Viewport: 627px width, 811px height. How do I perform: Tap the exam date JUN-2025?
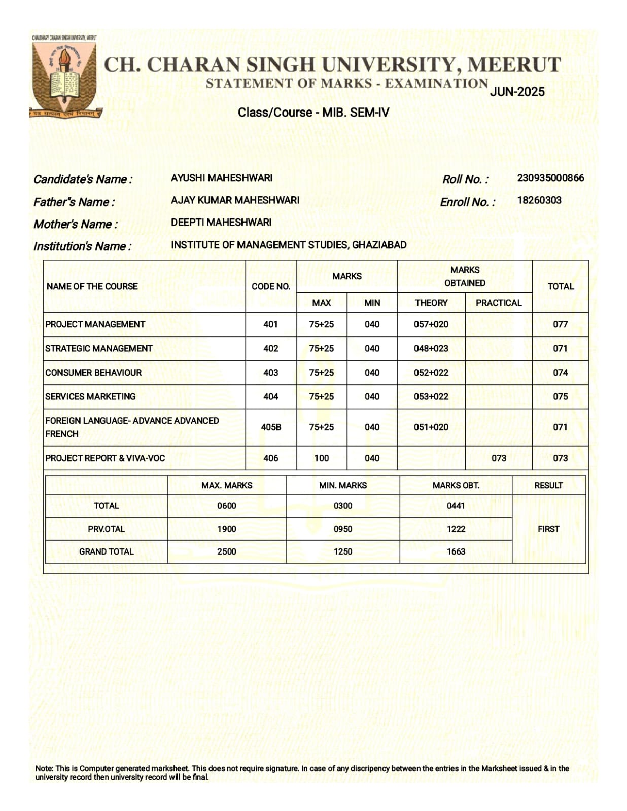tap(517, 92)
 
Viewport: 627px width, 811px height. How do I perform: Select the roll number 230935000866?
tap(550, 178)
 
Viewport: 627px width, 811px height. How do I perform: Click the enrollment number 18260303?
tap(539, 200)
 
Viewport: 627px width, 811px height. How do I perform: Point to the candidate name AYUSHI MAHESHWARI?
tap(221, 178)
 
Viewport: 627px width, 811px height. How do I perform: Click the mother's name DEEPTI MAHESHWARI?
tap(221, 222)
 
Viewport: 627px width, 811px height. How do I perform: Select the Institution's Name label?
tap(82, 246)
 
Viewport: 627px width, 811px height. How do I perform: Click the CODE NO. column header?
tap(270, 286)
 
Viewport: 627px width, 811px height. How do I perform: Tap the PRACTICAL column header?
tap(498, 303)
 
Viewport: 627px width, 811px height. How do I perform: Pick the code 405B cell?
tap(270, 427)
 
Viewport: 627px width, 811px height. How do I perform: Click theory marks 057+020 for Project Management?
tap(431, 324)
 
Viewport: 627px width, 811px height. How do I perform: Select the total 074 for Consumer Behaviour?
tap(560, 373)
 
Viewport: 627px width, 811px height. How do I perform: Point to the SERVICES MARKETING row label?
tap(90, 396)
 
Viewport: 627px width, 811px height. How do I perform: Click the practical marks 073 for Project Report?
tap(498, 458)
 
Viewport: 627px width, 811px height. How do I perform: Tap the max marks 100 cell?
tap(321, 458)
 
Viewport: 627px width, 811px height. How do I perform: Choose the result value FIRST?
tap(548, 529)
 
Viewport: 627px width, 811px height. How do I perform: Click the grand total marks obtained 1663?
tap(456, 551)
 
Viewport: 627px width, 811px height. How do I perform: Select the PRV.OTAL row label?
tap(106, 529)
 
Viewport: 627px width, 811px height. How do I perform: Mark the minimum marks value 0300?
tap(342, 506)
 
